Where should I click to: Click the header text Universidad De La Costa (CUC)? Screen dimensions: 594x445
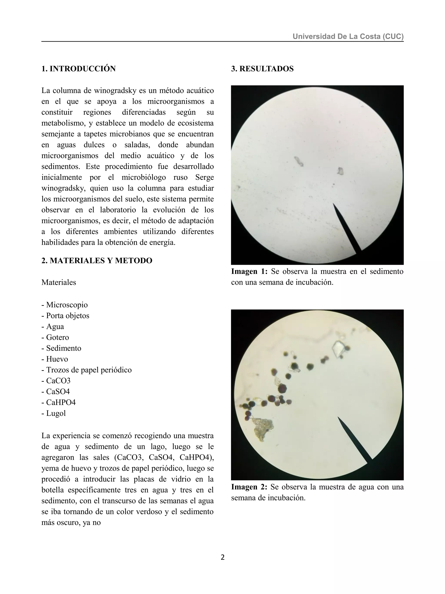click(x=348, y=36)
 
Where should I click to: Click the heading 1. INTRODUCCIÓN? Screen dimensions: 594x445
click(x=78, y=69)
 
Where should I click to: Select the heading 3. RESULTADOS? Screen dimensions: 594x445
click(x=262, y=69)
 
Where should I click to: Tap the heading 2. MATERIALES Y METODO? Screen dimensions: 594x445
click(x=97, y=260)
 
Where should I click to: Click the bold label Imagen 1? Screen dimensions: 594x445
click(x=249, y=271)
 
